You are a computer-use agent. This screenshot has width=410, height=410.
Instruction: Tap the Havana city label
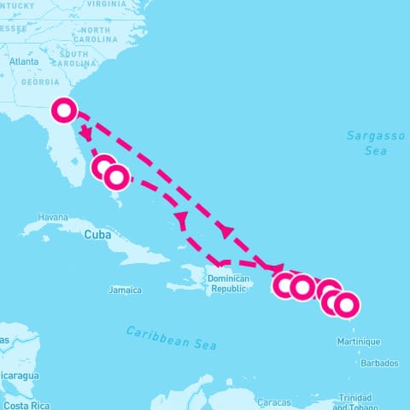tap(53, 217)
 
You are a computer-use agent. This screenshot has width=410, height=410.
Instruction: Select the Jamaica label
tap(125, 290)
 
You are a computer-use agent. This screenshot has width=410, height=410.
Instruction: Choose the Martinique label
tap(359, 342)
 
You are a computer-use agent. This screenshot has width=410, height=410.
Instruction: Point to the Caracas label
tap(275, 401)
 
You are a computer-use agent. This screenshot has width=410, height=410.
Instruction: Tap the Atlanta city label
tap(24, 61)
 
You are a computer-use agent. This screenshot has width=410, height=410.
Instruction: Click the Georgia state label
tap(40, 82)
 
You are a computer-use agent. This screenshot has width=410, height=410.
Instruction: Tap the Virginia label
tap(106, 3)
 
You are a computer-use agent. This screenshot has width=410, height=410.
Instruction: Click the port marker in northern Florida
tap(65, 110)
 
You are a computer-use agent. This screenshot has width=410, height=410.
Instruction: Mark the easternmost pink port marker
tap(345, 304)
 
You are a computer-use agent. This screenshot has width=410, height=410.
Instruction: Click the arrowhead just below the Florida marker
tap(86, 134)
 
